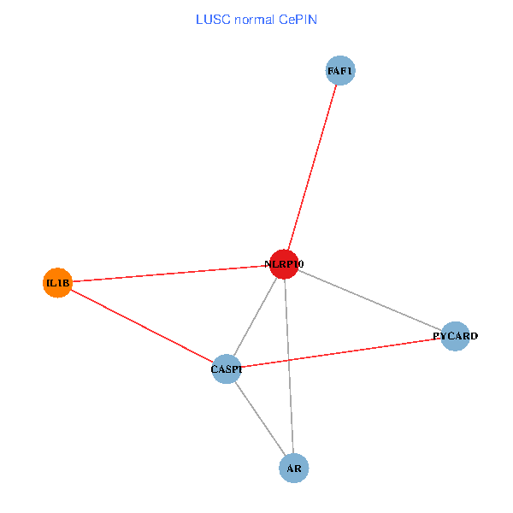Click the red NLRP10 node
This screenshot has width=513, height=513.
pyautogui.click(x=284, y=264)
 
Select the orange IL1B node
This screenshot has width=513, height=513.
pyautogui.click(x=57, y=282)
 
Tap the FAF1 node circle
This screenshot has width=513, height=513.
pyautogui.click(x=340, y=71)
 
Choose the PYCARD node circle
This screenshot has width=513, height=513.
pyautogui.click(x=456, y=336)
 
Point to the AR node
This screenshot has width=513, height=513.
pyautogui.click(x=293, y=469)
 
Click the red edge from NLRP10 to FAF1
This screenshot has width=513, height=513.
pyautogui.click(x=312, y=168)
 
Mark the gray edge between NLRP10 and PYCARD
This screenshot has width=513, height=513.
pyautogui.click(x=369, y=300)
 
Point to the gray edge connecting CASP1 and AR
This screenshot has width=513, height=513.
pyautogui.click(x=260, y=419)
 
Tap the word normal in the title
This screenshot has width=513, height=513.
pyautogui.click(x=255, y=18)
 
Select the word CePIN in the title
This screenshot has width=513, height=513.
pyautogui.click(x=298, y=18)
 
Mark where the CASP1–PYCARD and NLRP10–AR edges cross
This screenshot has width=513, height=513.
pyautogui.click(x=288, y=360)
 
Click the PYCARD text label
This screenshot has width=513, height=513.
pyautogui.click(x=456, y=337)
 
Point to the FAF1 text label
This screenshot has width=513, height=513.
pyautogui.click(x=340, y=71)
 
